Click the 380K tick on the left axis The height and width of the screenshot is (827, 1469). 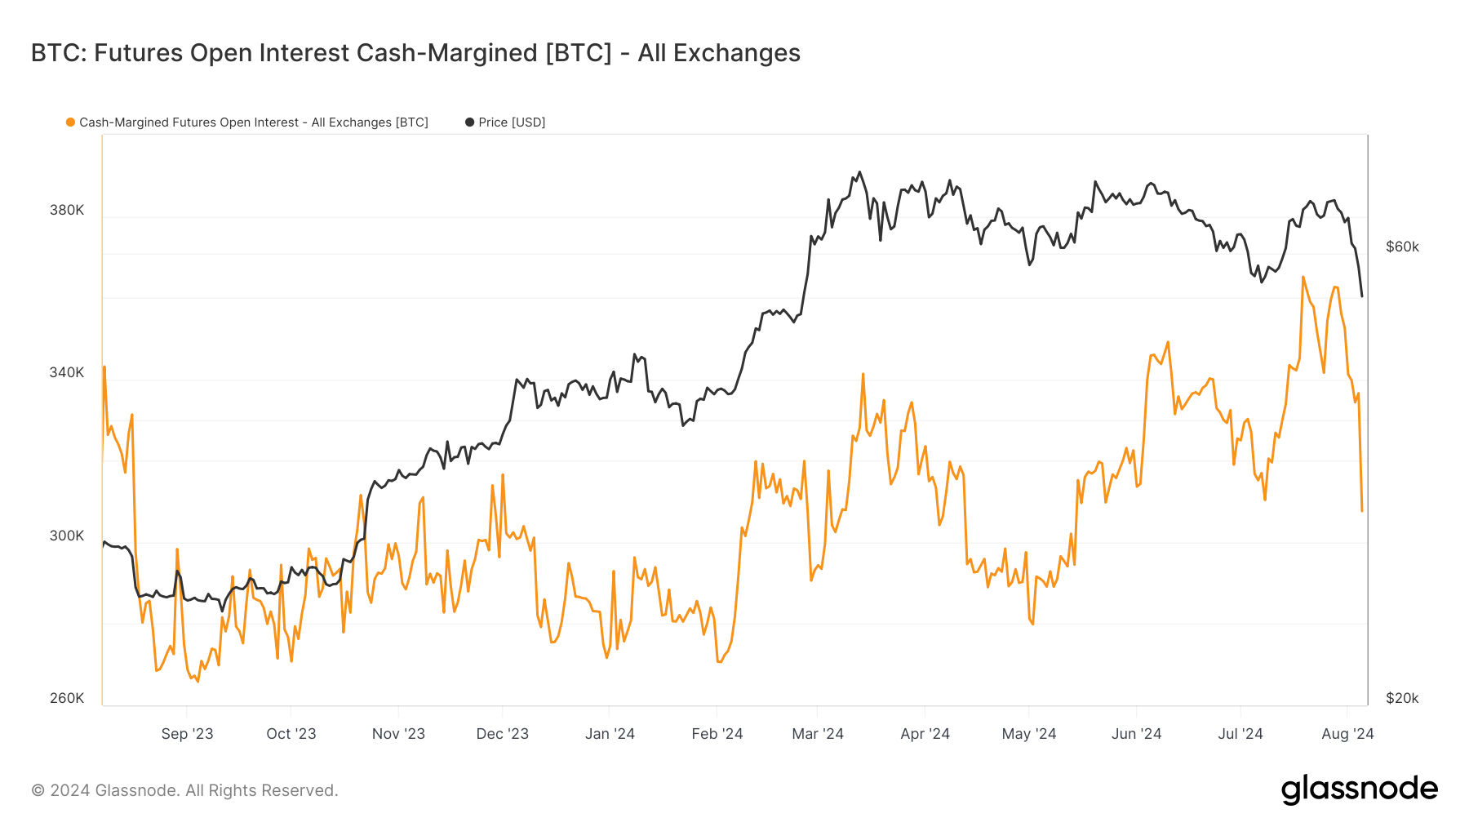click(67, 210)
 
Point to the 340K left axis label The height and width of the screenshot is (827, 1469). click(67, 372)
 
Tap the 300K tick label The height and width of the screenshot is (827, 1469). click(67, 536)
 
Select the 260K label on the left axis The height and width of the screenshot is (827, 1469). click(67, 698)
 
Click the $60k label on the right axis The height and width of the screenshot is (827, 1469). click(1402, 247)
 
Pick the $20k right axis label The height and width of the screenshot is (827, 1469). click(1402, 698)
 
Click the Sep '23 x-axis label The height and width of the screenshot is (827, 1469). click(187, 733)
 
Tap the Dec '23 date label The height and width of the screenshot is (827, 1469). click(502, 733)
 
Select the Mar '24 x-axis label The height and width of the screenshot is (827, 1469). click(818, 733)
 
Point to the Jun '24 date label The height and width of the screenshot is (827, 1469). click(1136, 733)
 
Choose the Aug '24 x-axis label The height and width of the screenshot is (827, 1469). click(1347, 733)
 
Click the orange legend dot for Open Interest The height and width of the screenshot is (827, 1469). click(71, 122)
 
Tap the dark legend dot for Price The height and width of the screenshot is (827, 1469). click(469, 122)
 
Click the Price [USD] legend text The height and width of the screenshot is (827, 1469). click(512, 122)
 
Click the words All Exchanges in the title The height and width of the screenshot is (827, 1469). click(719, 53)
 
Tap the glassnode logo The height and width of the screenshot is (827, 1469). click(1359, 789)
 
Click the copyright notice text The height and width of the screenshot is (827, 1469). click(184, 790)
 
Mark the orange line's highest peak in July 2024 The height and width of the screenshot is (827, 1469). click(1303, 278)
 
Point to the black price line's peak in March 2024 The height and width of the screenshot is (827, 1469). click(859, 172)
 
